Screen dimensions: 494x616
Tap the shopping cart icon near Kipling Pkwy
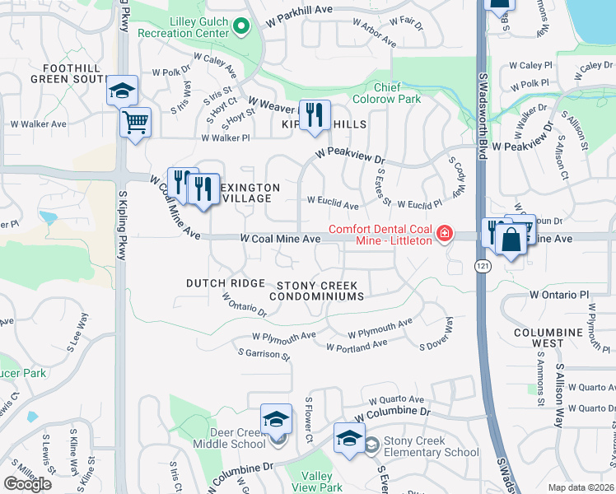[x=136, y=123]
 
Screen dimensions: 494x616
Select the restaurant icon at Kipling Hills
[x=314, y=115]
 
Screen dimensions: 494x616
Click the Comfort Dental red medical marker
[x=445, y=234]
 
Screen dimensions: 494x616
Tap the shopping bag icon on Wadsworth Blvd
[x=511, y=240]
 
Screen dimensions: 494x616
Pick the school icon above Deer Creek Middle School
[x=277, y=420]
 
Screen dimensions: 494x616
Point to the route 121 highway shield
[x=482, y=266]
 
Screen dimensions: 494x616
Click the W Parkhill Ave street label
[x=302, y=10]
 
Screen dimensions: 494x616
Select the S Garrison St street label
[x=264, y=354]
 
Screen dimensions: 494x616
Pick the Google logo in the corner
[x=28, y=484]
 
